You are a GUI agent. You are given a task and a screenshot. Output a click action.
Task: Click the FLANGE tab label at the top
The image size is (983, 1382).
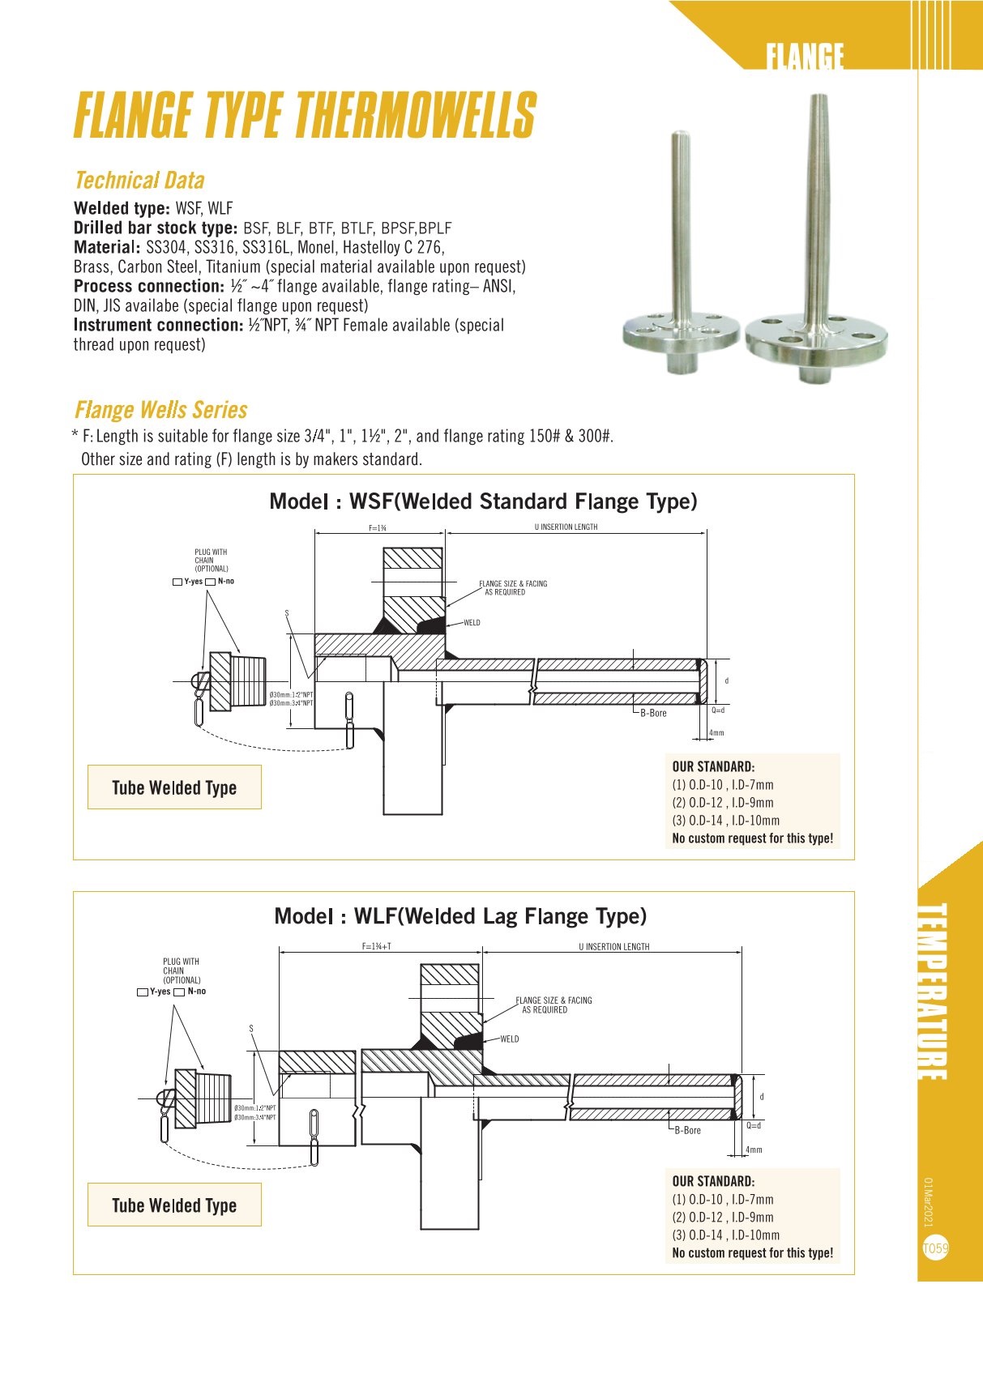[805, 57]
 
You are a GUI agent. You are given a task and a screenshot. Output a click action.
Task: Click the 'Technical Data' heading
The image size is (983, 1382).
[139, 181]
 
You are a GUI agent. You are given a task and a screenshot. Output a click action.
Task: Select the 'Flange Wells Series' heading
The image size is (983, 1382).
[160, 410]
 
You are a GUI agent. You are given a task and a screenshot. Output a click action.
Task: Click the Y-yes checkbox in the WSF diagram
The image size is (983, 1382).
[177, 582]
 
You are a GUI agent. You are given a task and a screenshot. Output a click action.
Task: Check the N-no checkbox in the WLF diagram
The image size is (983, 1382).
[179, 992]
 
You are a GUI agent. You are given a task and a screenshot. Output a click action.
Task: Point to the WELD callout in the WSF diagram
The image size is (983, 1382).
[472, 623]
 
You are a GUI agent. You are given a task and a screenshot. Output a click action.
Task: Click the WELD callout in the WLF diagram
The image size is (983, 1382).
[509, 1039]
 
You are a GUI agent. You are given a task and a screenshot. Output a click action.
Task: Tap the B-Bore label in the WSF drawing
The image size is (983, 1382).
[653, 713]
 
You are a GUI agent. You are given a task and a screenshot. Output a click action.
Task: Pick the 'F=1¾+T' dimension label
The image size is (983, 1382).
[377, 946]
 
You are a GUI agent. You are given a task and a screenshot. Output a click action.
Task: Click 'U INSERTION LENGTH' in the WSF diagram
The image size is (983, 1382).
[566, 527]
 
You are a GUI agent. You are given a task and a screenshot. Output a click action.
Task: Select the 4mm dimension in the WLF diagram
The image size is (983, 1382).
[754, 1150]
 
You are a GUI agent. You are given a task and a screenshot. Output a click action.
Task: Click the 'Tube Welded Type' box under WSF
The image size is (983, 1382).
[174, 787]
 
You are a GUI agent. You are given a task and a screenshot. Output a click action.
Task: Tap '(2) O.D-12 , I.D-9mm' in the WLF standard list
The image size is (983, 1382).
[723, 1218]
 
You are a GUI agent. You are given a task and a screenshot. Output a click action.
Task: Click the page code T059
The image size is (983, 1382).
[935, 1248]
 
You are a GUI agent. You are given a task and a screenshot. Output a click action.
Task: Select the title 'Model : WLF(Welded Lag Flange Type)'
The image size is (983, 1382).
[460, 916]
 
